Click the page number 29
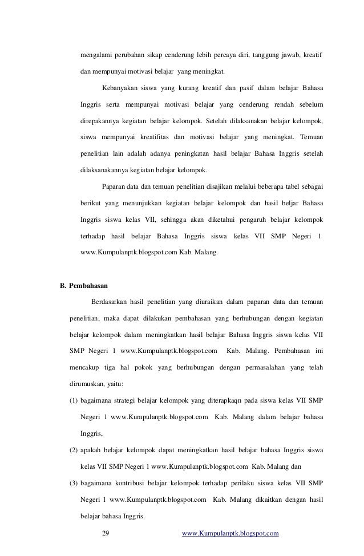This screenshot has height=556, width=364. point(104,534)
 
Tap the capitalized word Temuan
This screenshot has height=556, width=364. point(311,137)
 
